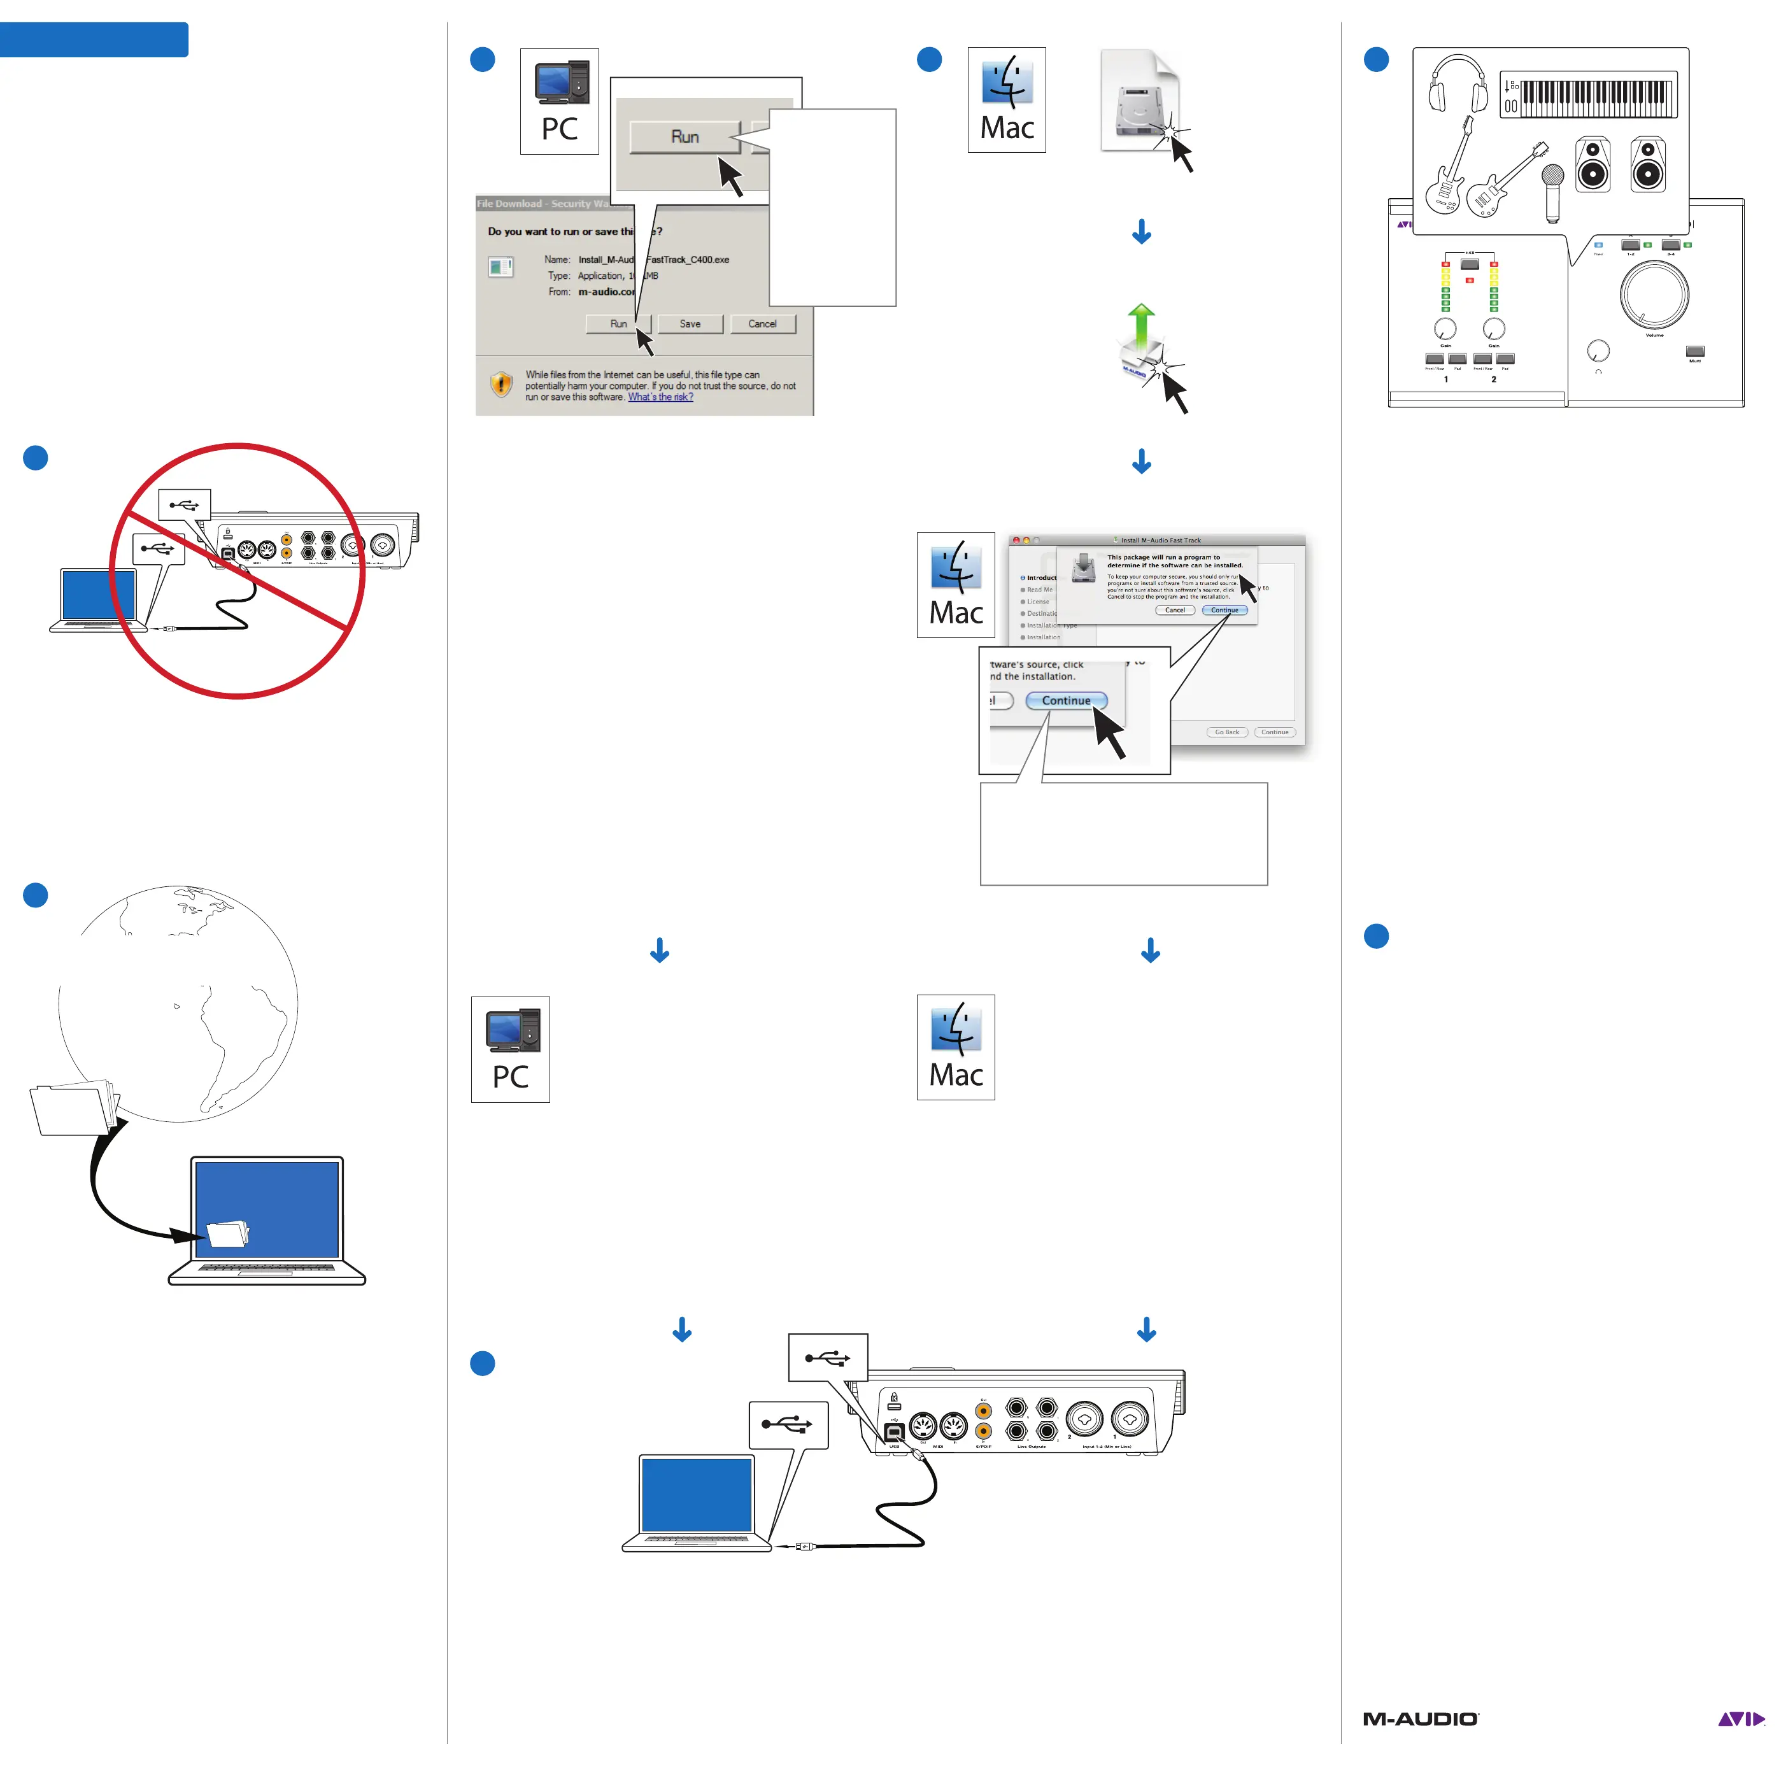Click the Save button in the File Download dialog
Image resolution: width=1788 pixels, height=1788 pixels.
[x=690, y=324]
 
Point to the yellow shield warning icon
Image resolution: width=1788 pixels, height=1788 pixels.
[x=500, y=383]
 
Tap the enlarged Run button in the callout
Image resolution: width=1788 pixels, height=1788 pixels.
[x=685, y=137]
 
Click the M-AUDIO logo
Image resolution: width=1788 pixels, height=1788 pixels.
[x=1421, y=1719]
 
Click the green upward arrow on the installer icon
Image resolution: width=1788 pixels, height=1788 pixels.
[x=1142, y=324]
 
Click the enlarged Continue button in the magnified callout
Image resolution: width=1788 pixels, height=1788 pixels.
[x=1066, y=700]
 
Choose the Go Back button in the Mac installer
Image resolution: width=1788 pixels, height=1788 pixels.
[x=1226, y=732]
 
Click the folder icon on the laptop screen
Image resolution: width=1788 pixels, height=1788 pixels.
[x=228, y=1233]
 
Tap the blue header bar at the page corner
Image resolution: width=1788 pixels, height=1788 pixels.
[x=94, y=39]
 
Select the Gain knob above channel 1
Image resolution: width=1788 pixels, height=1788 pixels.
[x=1445, y=329]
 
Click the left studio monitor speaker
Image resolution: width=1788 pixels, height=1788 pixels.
[x=1593, y=165]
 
